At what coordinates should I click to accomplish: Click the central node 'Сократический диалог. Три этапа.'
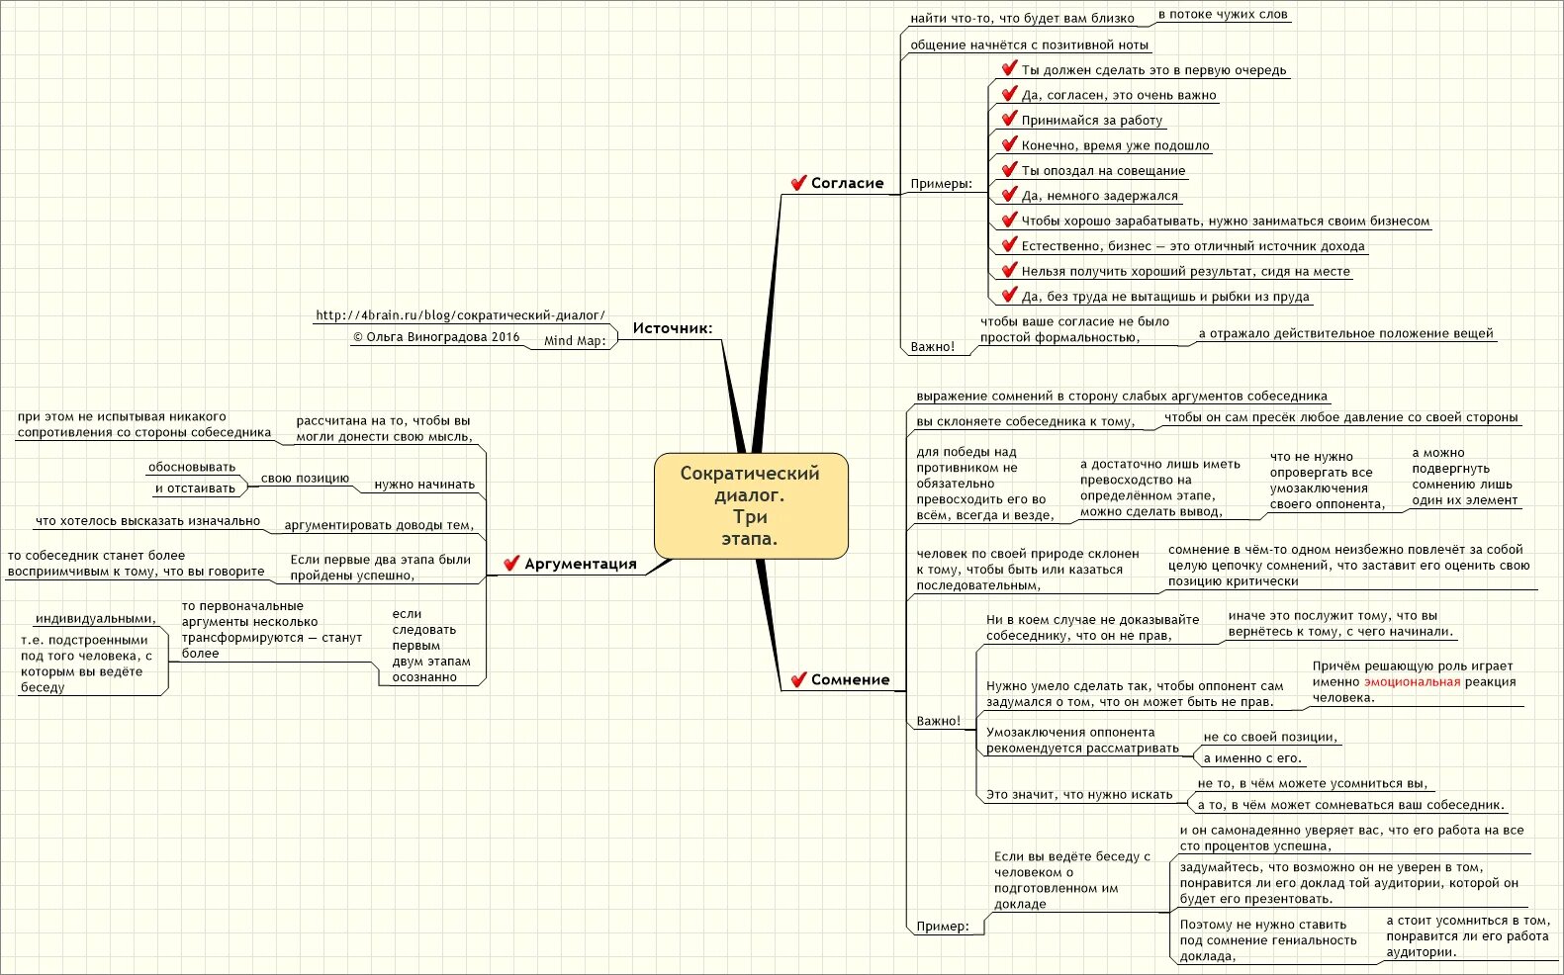(751, 505)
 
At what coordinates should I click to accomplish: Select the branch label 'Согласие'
(847, 183)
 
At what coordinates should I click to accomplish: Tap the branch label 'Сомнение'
(850, 679)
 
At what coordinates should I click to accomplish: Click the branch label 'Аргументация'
(580, 564)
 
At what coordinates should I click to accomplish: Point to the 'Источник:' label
(673, 328)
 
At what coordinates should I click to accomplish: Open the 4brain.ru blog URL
(460, 315)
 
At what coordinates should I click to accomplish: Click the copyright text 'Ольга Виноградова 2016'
(436, 337)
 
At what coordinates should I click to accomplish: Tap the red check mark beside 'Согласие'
(798, 183)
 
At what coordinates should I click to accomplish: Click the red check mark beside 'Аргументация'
(511, 564)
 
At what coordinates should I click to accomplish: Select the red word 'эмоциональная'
(1412, 681)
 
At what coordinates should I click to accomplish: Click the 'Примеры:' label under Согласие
(941, 184)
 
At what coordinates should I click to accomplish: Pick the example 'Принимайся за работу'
(1092, 121)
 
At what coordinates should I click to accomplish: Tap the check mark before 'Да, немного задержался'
(1009, 195)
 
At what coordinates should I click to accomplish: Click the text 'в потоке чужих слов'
(1223, 15)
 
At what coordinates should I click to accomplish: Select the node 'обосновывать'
(192, 467)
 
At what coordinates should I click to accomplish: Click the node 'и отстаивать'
(195, 488)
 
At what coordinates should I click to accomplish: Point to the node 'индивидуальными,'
(96, 619)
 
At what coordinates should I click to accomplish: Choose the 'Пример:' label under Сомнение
(943, 927)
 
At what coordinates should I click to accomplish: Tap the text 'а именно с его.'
(1252, 758)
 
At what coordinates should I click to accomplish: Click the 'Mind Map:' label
(575, 341)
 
